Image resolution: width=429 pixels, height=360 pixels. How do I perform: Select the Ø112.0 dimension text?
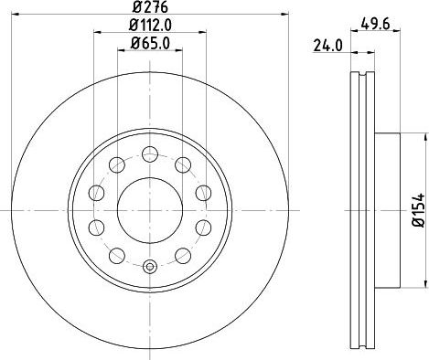[x=149, y=26]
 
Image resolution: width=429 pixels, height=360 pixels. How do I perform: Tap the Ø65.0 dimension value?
[x=149, y=43]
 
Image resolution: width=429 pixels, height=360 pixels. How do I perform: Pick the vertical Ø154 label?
[x=417, y=209]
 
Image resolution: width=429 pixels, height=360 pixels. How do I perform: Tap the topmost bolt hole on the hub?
[x=149, y=154]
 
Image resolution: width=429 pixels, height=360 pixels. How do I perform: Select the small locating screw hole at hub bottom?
[x=149, y=267]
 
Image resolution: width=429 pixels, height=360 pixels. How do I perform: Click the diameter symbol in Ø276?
[x=134, y=8]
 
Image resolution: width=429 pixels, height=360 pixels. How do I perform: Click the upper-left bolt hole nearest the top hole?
[x=116, y=164]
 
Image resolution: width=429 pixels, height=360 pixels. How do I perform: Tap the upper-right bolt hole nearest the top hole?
[x=182, y=164]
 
